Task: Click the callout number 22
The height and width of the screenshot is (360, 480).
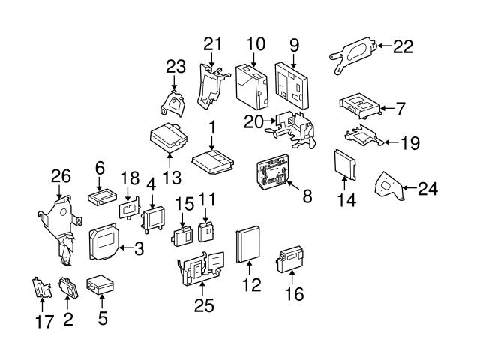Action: pyautogui.click(x=403, y=46)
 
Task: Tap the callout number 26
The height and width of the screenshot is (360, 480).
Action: pyautogui.click(x=61, y=176)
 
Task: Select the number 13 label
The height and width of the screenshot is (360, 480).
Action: pyautogui.click(x=172, y=178)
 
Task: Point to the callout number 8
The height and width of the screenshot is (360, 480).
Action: pyautogui.click(x=307, y=196)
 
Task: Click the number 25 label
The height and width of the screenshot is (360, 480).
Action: pyautogui.click(x=204, y=305)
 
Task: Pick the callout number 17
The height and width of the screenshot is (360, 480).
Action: pyautogui.click(x=44, y=322)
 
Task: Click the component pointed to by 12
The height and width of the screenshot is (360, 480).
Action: pyautogui.click(x=248, y=244)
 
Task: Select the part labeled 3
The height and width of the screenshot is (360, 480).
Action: pyautogui.click(x=103, y=241)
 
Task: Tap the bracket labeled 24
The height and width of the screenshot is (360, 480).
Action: pyautogui.click(x=389, y=186)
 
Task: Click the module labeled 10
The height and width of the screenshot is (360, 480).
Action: pyautogui.click(x=252, y=87)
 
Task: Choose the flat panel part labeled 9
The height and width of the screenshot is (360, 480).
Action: pyautogui.click(x=292, y=85)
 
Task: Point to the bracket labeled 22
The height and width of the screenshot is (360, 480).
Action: pyautogui.click(x=353, y=55)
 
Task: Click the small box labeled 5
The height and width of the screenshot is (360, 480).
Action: pyautogui.click(x=100, y=285)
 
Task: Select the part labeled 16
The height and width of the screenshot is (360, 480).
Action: pyautogui.click(x=290, y=260)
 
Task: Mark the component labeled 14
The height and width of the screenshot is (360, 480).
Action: pyautogui.click(x=345, y=165)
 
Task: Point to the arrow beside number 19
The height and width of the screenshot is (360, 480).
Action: pyautogui.click(x=392, y=142)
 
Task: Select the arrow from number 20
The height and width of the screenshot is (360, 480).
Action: pyautogui.click(x=269, y=121)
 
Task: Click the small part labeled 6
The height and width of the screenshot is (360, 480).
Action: pyautogui.click(x=102, y=198)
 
